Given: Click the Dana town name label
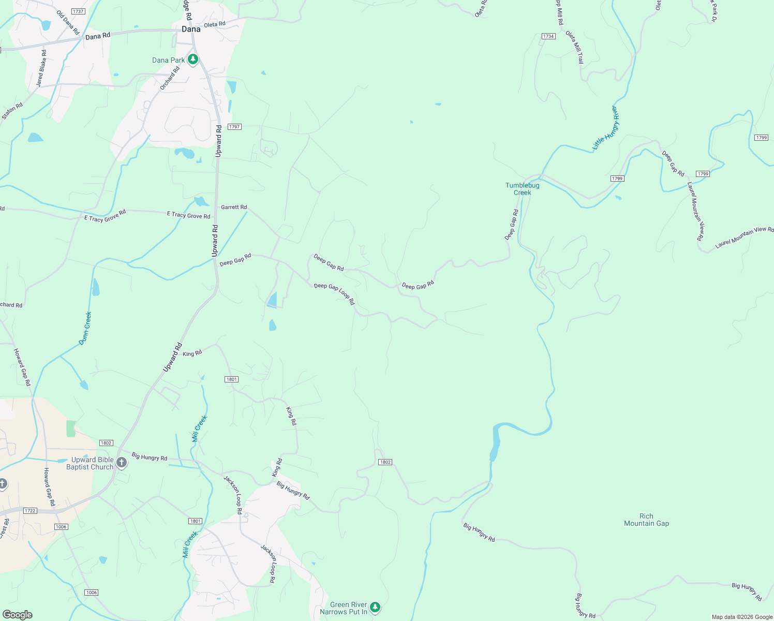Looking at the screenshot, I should point(191,29).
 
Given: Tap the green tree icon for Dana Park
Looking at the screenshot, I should point(193,60).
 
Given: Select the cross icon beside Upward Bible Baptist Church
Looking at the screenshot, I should point(122,463).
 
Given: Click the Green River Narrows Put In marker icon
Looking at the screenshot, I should point(375,607).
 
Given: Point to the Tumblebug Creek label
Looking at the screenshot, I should point(522,189).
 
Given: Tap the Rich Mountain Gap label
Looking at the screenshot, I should point(646,520).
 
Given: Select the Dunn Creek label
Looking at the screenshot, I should point(85,328).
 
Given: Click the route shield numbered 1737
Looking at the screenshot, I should point(78,11).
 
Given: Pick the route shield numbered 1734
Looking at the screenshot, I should point(548,36).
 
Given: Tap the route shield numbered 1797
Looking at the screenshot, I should point(235,127).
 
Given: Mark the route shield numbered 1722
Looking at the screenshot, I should point(30,511).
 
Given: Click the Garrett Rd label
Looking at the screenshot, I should point(234,207).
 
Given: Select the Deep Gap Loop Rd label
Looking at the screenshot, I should point(334,293).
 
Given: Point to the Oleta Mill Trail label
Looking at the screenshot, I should point(574,47).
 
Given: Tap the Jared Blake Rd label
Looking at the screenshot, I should point(41,68).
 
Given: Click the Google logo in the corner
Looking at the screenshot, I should point(17,615).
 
